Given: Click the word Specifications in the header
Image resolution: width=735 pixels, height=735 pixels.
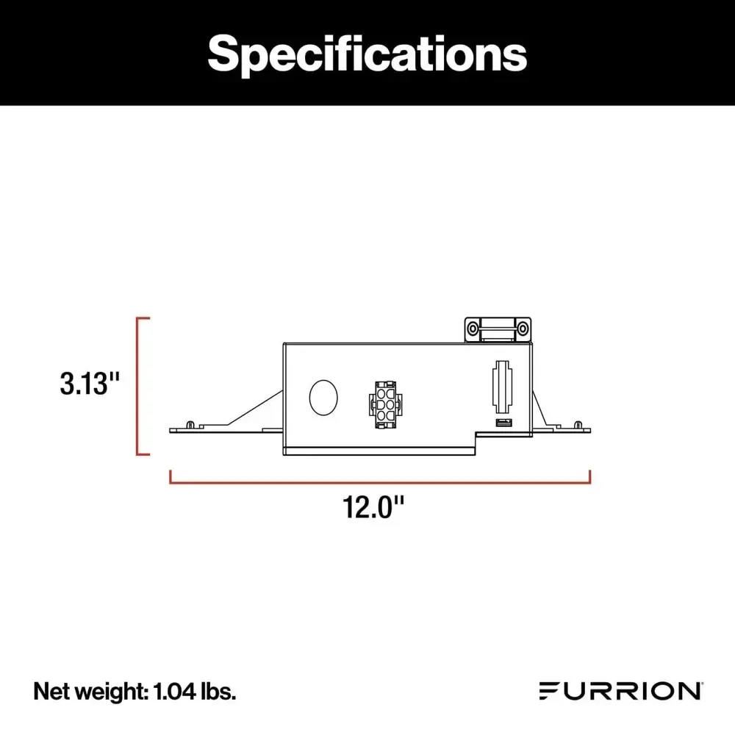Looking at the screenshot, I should click(367, 52).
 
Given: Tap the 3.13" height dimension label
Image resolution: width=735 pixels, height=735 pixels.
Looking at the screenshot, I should click(90, 384).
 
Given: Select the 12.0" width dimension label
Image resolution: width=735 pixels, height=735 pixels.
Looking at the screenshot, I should click(375, 507).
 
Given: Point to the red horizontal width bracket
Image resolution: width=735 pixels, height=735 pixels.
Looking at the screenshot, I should click(380, 481).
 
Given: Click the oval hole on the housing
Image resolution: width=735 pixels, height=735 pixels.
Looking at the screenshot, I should click(323, 396).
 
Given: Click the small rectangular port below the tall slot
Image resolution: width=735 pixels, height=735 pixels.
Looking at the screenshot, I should click(502, 423).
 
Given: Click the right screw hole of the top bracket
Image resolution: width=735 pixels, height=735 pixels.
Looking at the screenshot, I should click(523, 326).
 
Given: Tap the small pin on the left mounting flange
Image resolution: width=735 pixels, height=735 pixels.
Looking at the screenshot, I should click(191, 424).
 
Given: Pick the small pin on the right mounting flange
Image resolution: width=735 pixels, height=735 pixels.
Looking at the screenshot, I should click(578, 424).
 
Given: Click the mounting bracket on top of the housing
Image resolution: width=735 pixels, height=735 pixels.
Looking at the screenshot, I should click(498, 329).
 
